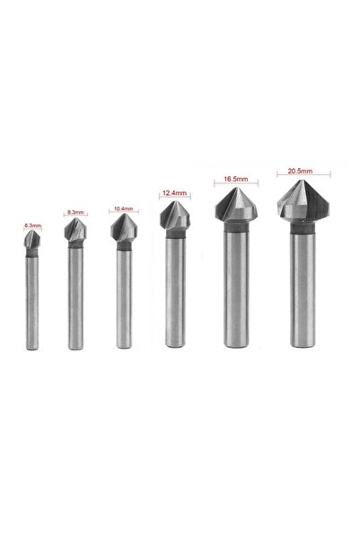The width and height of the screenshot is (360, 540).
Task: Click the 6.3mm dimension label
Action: click(32, 226)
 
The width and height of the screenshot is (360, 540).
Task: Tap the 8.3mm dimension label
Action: click(75, 212)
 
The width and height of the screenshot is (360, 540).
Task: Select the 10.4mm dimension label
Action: click(123, 208)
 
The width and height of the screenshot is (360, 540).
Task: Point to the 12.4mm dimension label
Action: click(174, 193)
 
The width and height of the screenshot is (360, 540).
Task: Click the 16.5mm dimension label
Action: click(236, 179)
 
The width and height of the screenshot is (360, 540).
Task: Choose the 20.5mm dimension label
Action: click(300, 171)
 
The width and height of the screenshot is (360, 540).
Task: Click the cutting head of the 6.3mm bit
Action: click(32, 239)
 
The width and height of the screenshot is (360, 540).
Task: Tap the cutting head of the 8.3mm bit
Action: click(75, 230)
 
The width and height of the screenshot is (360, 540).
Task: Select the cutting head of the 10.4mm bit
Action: click(124, 228)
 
